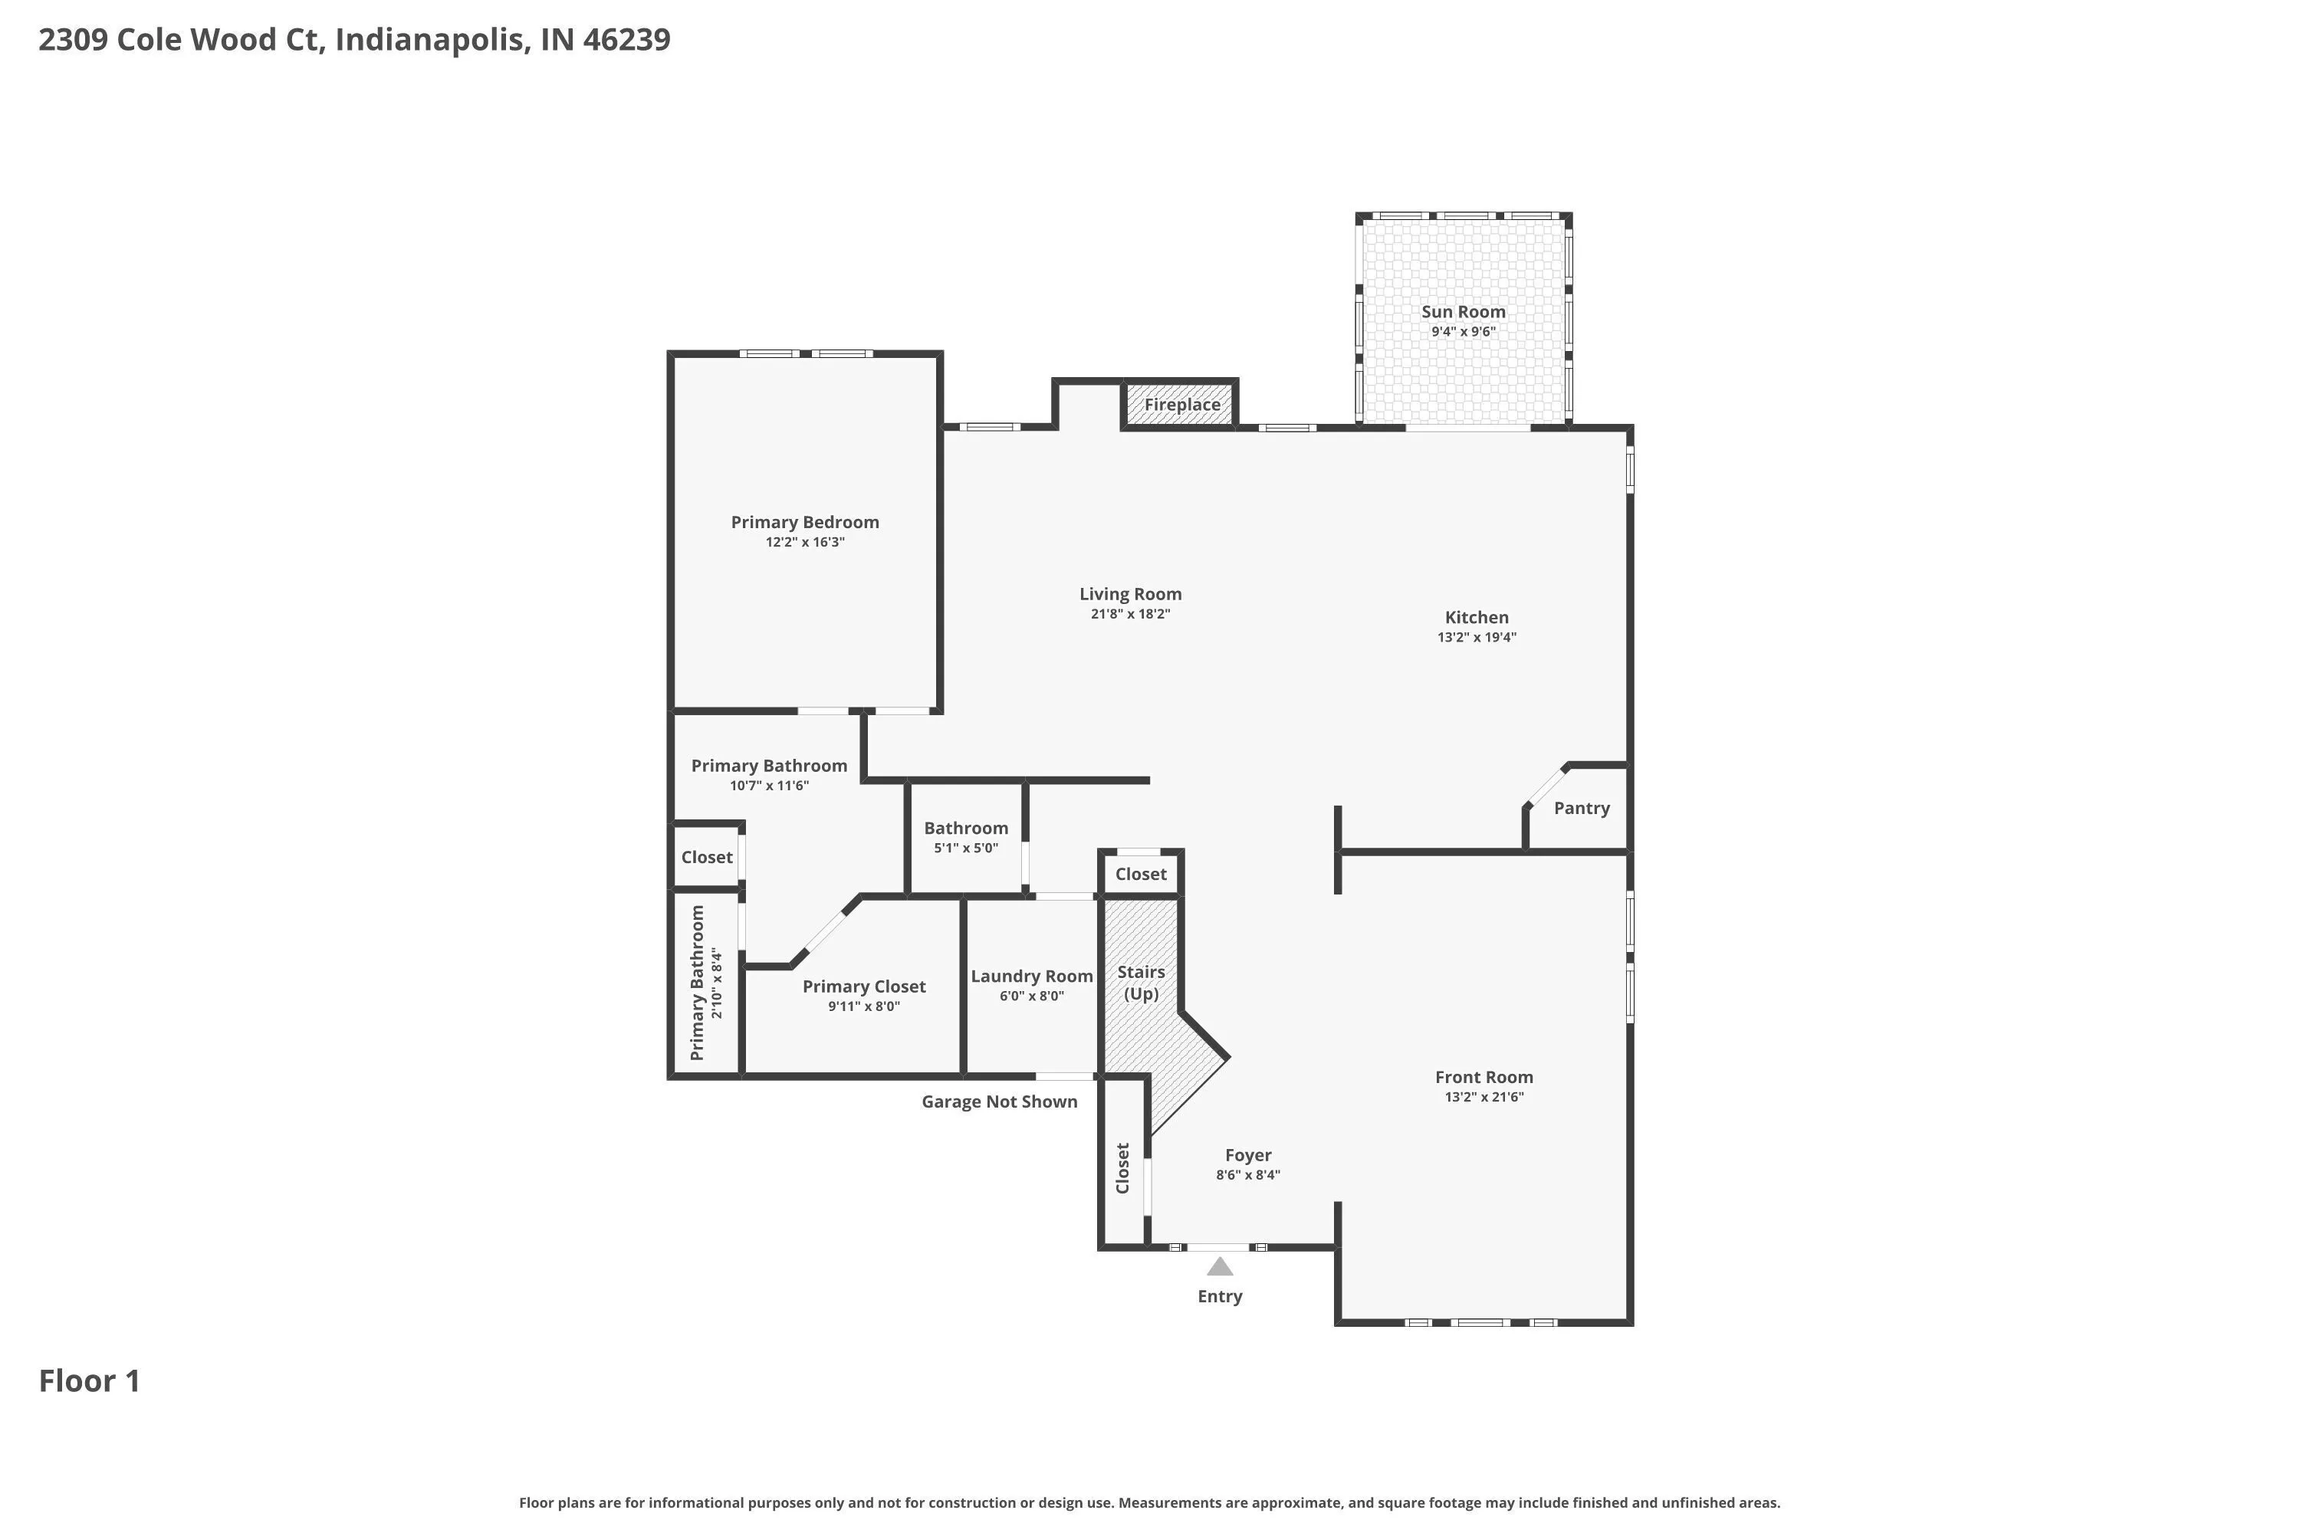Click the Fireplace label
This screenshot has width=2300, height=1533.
(x=1181, y=405)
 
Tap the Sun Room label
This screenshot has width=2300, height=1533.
(x=1463, y=312)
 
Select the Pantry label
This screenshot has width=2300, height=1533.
(x=1581, y=809)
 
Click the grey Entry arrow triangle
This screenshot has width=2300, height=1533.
(x=1220, y=1267)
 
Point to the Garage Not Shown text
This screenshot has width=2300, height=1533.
(x=1000, y=1102)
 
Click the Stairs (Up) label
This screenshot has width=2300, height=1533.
(x=1142, y=983)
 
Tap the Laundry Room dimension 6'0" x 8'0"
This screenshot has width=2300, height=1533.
(x=1032, y=996)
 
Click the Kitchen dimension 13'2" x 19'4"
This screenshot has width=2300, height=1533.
(x=1477, y=638)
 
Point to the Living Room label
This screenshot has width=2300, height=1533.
(x=1130, y=595)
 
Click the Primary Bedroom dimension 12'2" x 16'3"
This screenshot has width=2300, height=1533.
(x=805, y=543)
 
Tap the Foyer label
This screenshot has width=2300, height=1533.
(x=1248, y=1156)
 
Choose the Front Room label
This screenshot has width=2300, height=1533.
(x=1483, y=1078)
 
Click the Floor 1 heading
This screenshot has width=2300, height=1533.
(x=89, y=1381)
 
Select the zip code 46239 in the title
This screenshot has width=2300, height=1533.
(x=627, y=40)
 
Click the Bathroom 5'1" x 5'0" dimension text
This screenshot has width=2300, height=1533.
(x=966, y=849)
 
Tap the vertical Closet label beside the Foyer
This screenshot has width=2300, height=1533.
(x=1122, y=1168)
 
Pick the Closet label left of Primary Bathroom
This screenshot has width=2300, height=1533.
(x=706, y=858)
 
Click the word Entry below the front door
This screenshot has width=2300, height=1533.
(x=1220, y=1296)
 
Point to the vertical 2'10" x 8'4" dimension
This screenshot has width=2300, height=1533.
(x=717, y=983)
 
